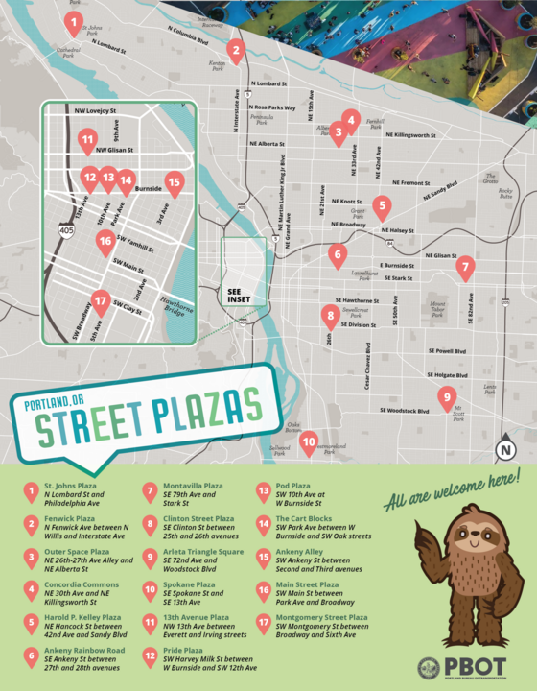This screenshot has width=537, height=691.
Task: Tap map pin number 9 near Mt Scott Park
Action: pos(446,396)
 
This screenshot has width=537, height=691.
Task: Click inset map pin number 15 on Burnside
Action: pos(174,179)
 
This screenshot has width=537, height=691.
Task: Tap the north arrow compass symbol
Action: pos(505,447)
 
